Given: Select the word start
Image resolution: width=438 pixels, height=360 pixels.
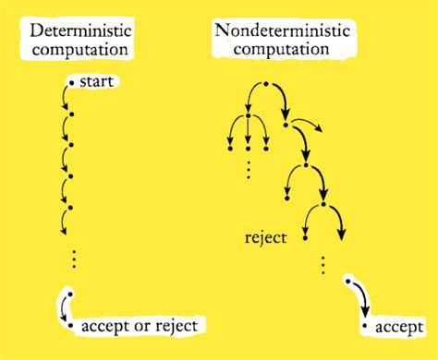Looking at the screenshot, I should (x=97, y=84).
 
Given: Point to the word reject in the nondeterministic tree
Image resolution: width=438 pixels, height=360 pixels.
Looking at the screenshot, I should (x=265, y=237).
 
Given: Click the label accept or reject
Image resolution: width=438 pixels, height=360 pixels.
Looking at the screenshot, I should (x=138, y=326).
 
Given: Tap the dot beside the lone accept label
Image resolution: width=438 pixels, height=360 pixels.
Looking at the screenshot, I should (x=366, y=326).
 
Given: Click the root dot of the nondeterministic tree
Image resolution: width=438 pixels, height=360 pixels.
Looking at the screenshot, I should (x=266, y=85).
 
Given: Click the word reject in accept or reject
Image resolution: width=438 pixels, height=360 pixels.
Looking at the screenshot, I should (x=175, y=326).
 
